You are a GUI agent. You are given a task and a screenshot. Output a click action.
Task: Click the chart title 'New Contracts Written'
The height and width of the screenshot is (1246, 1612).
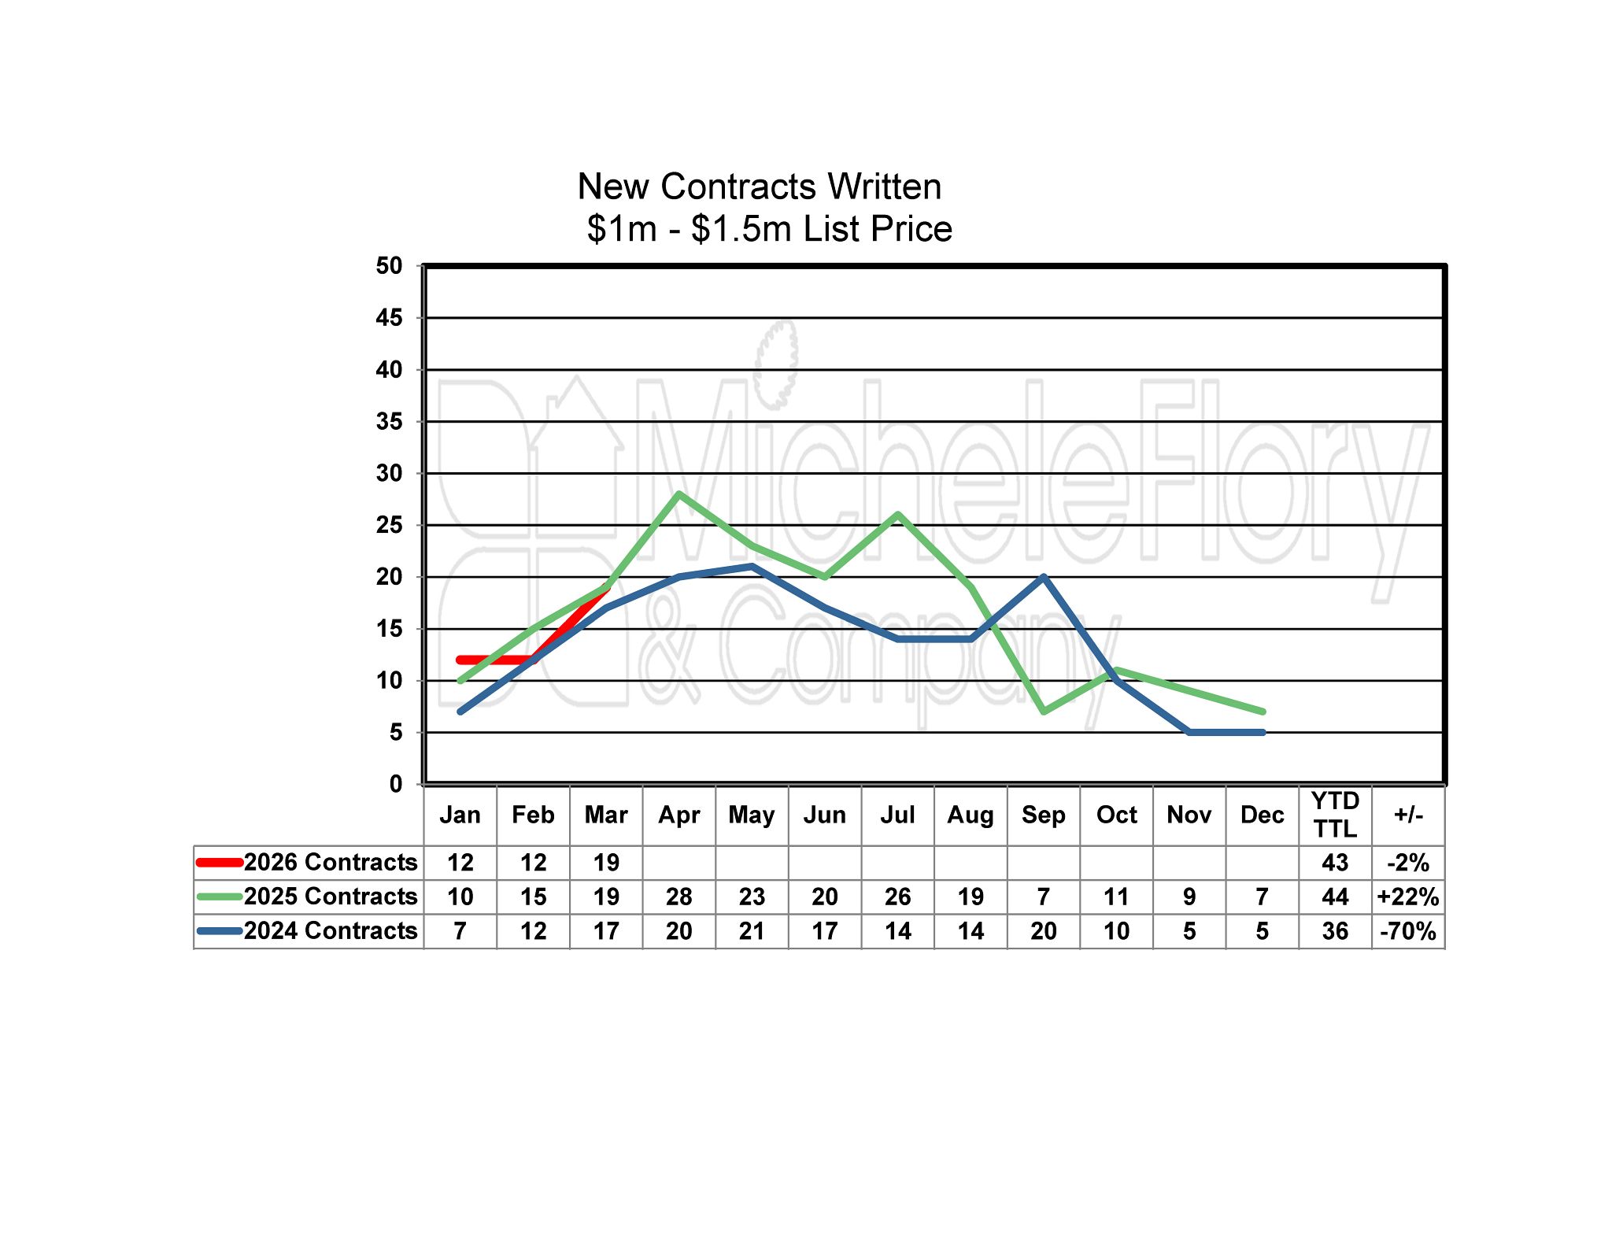pyautogui.click(x=759, y=187)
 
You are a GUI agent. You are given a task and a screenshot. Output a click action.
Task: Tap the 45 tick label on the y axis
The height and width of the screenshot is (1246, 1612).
pyautogui.click(x=389, y=318)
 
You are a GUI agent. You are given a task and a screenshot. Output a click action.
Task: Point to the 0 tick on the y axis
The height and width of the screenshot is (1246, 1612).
pyautogui.click(x=395, y=784)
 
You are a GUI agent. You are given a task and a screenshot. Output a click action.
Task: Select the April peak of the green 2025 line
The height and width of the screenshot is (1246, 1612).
pyautogui.click(x=678, y=494)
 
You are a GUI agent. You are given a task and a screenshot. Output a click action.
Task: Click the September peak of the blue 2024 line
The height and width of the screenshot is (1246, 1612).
pyautogui.click(x=1044, y=577)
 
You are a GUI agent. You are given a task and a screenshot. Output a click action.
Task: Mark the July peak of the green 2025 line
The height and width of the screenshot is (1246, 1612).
pyautogui.click(x=897, y=515)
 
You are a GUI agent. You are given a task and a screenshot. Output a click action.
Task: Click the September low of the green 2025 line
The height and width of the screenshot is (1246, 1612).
pyautogui.click(x=1044, y=712)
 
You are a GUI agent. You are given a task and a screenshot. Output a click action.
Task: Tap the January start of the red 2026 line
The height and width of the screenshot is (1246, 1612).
pyautogui.click(x=460, y=660)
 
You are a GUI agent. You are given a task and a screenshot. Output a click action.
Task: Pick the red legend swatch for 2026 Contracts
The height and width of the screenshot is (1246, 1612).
pyautogui.click(x=219, y=862)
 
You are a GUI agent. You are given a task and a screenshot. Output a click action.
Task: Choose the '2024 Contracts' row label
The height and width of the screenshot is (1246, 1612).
pyautogui.click(x=330, y=931)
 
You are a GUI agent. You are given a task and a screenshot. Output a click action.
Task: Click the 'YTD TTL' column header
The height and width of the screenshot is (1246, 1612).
pyautogui.click(x=1335, y=815)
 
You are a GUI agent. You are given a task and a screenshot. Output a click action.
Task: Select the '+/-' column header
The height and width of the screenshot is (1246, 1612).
pyautogui.click(x=1408, y=815)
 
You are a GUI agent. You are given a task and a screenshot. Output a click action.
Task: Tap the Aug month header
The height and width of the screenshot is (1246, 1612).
pyautogui.click(x=971, y=815)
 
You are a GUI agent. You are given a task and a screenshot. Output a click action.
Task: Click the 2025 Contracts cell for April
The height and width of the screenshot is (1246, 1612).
pyautogui.click(x=678, y=897)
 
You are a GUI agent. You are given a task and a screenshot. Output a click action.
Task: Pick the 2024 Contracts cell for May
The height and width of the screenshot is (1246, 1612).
pyautogui.click(x=752, y=931)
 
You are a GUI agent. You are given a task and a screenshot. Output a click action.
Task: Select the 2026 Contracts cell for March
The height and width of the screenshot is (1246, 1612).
pyautogui.click(x=606, y=863)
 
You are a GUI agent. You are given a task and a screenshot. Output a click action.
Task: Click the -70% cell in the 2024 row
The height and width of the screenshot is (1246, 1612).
pyautogui.click(x=1408, y=931)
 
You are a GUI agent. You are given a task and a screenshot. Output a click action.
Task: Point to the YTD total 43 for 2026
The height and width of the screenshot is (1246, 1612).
pyautogui.click(x=1335, y=863)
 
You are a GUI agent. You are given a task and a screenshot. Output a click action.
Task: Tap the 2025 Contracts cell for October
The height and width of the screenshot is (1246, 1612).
pyautogui.click(x=1116, y=897)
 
